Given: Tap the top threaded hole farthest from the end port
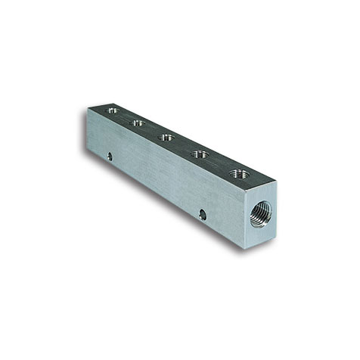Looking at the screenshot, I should [112, 110].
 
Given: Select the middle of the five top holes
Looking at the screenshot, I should [166, 138].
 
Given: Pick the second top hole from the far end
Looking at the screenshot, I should [137, 123].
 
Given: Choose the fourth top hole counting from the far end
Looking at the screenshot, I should [200, 154].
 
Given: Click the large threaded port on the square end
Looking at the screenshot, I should [260, 211].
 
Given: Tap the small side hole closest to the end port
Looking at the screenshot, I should [202, 215].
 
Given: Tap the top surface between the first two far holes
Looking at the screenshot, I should [125, 116].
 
